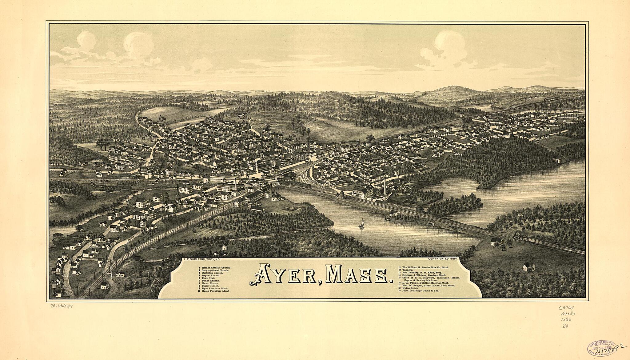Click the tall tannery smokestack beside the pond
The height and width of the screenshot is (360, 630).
pyautogui.click(x=385, y=185)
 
